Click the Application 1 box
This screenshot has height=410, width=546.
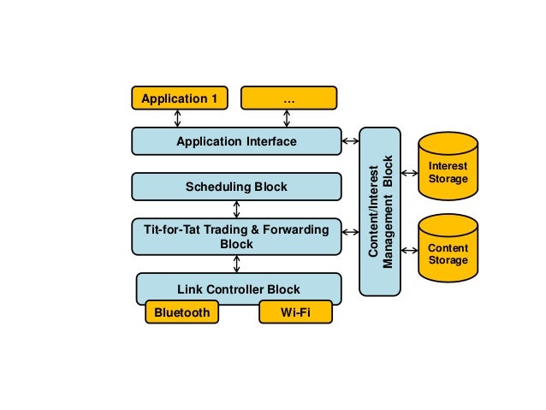[180, 99]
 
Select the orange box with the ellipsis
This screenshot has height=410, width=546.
[288, 99]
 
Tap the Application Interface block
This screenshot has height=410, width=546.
[236, 141]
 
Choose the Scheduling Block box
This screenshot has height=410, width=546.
[236, 187]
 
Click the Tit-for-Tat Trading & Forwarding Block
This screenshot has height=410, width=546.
[236, 236]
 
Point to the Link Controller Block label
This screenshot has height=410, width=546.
[238, 288]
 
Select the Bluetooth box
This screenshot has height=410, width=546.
[181, 312]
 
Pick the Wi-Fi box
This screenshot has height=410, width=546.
[294, 312]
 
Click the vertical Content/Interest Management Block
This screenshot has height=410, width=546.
[380, 211]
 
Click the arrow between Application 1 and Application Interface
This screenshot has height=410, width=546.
[178, 119]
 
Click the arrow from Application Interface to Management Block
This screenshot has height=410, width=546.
[350, 141]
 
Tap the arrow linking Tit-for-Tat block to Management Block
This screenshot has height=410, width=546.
[350, 231]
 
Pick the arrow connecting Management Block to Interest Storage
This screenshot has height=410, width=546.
[409, 174]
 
